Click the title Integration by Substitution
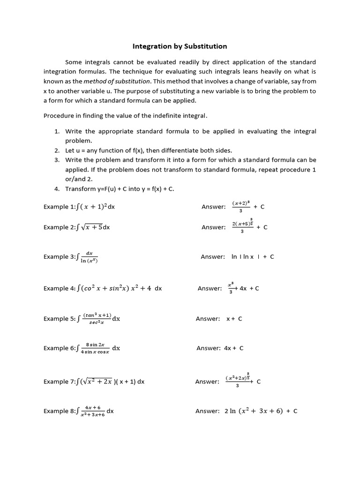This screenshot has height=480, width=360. coord(180,46)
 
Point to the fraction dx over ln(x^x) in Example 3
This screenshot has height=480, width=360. coord(89,257)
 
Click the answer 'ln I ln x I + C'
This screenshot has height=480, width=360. coord(253,257)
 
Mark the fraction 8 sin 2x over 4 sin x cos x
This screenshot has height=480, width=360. coord(95,348)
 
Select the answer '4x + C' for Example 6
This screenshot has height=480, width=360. coord(233,348)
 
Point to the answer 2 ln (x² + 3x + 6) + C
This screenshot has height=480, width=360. coord(261,411)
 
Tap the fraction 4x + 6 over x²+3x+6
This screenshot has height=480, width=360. coord(93,412)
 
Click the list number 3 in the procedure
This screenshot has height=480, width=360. coord(56,160)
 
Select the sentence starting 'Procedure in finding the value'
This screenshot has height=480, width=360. coord(125,115)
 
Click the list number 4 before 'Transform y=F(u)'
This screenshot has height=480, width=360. coord(56,188)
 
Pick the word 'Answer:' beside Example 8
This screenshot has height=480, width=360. coord(207,411)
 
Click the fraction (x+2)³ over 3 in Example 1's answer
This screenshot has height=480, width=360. coord(240,206)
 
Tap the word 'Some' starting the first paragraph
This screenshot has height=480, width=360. coord(74,62)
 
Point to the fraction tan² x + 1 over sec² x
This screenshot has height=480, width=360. coord(97,319)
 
